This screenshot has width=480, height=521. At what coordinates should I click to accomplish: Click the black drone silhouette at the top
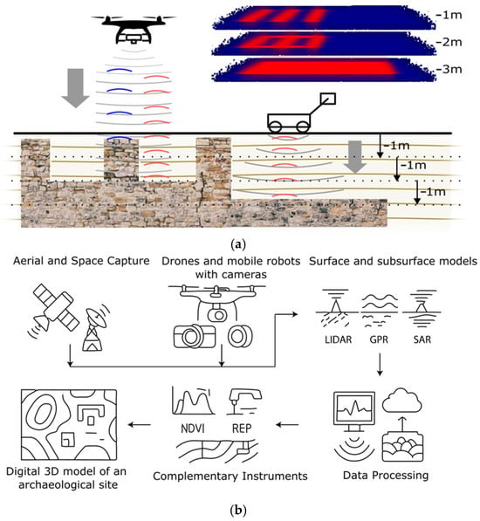tap(134, 29)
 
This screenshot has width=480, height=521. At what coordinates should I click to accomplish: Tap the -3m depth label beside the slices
tap(448, 69)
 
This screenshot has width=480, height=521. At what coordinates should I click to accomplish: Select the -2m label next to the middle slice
tap(448, 42)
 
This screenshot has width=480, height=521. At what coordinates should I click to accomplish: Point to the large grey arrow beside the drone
tap(76, 88)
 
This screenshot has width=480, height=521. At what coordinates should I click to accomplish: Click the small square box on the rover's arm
tap(327, 99)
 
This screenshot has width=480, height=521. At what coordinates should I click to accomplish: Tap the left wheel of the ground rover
tap(276, 127)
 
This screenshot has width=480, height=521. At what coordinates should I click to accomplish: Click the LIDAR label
tap(338, 339)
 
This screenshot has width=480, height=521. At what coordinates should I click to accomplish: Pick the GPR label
tap(379, 339)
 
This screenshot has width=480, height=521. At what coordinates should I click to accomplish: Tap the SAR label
tap(422, 339)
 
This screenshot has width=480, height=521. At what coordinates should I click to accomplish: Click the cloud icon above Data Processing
tap(402, 401)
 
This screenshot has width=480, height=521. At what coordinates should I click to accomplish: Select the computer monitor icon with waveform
tap(354, 412)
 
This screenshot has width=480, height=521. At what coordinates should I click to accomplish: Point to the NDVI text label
tap(193, 428)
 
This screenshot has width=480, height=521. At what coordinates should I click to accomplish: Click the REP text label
tap(242, 428)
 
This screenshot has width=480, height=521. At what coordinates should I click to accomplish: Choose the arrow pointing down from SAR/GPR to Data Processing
tap(380, 365)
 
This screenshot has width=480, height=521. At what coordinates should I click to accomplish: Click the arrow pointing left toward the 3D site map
tap(140, 424)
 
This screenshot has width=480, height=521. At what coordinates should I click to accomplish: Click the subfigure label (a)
tap(238, 245)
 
